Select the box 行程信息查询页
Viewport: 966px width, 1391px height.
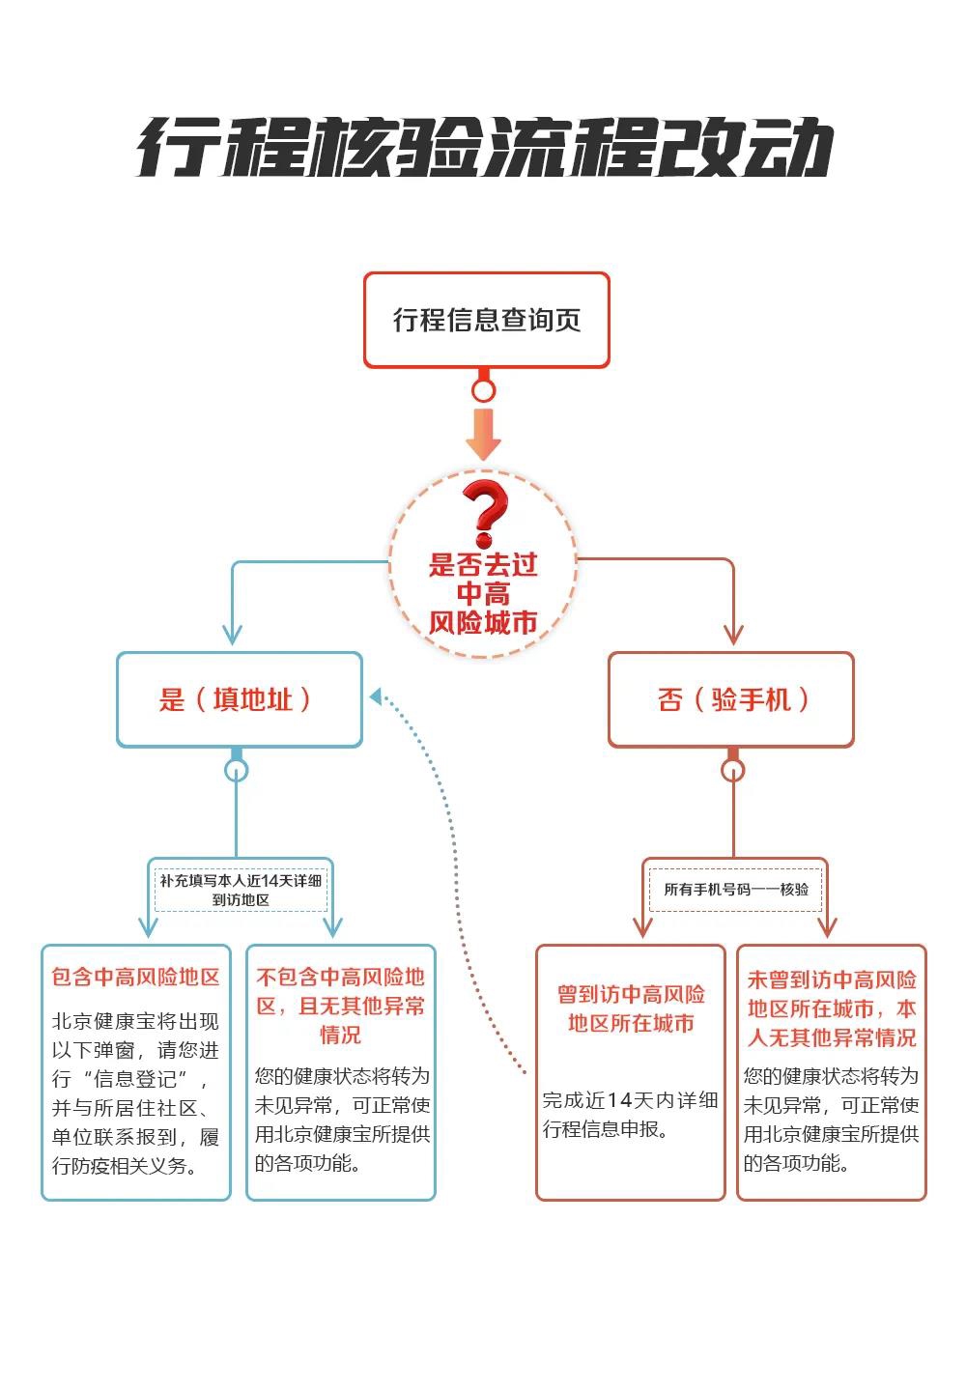tap(486, 320)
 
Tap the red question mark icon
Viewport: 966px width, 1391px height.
tap(484, 513)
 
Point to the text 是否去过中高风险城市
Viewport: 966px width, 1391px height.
tap(483, 594)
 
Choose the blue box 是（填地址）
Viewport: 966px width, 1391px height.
tap(239, 699)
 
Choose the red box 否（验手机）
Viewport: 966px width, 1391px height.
tap(731, 699)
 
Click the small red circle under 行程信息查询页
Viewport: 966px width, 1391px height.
tap(483, 390)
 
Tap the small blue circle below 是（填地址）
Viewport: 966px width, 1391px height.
tap(237, 770)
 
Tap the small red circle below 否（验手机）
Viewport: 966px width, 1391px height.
tap(733, 770)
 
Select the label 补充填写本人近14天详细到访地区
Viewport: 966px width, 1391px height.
tap(241, 890)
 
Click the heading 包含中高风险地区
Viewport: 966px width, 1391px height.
tap(136, 978)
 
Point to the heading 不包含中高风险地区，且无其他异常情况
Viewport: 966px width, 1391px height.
tap(340, 1006)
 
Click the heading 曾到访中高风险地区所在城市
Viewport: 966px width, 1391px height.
tap(631, 1008)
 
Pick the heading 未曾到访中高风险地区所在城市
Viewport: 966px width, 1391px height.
tap(831, 1008)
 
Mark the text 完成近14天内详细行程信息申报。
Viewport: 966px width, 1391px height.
tap(630, 1114)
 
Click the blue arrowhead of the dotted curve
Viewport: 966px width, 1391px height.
tap(377, 695)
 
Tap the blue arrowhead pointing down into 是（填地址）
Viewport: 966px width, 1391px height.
tap(232, 635)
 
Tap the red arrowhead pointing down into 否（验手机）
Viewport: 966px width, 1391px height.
tap(733, 635)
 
